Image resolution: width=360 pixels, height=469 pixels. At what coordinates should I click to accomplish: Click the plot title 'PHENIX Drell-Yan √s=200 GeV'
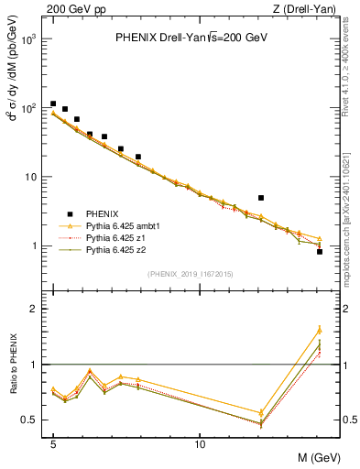pyautogui.click(x=191, y=38)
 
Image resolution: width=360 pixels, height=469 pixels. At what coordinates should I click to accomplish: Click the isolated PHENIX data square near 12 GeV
pyautogui.click(x=261, y=197)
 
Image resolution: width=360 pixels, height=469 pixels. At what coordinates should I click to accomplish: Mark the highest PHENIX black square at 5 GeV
pyautogui.click(x=53, y=104)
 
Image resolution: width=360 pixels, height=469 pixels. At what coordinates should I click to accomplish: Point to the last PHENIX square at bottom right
pyautogui.click(x=320, y=251)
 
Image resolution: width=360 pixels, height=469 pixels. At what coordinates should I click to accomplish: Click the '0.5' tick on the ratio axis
pyautogui.click(x=29, y=420)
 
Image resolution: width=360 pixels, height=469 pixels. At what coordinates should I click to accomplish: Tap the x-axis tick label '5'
pyautogui.click(x=53, y=444)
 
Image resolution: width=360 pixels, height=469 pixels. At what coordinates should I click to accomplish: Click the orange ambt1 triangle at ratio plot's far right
pyautogui.click(x=320, y=330)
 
